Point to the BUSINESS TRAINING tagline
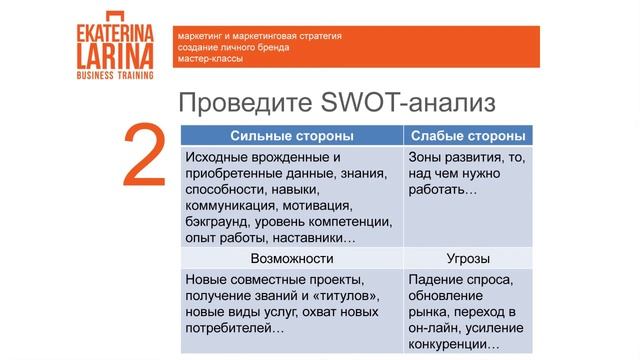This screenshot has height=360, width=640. coord(114,74)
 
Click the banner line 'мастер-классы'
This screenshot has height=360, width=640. coord(208,59)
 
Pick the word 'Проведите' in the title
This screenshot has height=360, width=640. coord(240,104)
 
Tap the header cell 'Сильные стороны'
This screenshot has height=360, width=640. coord(290,135)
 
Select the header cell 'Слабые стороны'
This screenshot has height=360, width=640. coord(468,135)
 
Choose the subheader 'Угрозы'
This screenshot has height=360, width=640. coord(468,258)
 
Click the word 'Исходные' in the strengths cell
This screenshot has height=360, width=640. coord(215,157)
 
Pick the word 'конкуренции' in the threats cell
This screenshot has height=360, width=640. coord(452,344)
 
